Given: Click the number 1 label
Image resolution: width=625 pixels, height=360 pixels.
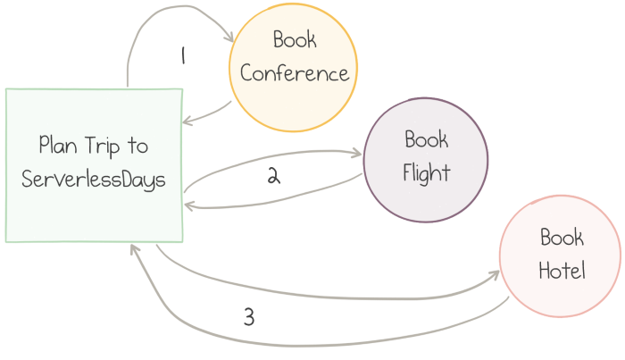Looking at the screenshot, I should [x=182, y=56].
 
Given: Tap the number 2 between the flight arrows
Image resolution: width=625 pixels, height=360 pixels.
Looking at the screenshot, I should [x=274, y=176].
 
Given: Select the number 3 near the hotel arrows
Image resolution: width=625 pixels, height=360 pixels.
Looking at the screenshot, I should [x=248, y=317].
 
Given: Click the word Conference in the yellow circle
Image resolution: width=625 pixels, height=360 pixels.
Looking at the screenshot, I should [x=295, y=73].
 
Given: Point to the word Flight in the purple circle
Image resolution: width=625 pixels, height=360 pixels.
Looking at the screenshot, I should [x=426, y=172].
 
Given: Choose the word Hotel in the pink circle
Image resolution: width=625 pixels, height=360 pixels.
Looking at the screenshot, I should [x=562, y=271].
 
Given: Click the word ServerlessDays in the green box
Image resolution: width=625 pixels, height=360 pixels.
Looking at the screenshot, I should [x=94, y=179].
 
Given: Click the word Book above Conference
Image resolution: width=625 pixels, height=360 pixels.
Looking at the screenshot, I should [x=295, y=40].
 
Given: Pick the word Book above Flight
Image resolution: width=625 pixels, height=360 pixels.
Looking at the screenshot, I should [x=426, y=139].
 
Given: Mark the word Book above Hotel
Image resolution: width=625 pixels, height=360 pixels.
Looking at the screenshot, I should [x=562, y=237].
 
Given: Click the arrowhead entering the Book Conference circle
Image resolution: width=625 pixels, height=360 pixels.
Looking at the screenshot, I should [x=229, y=39].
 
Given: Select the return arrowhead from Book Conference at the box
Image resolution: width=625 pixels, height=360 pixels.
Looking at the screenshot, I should [x=185, y=122].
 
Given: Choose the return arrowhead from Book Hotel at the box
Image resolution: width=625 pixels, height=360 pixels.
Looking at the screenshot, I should [x=133, y=247].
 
